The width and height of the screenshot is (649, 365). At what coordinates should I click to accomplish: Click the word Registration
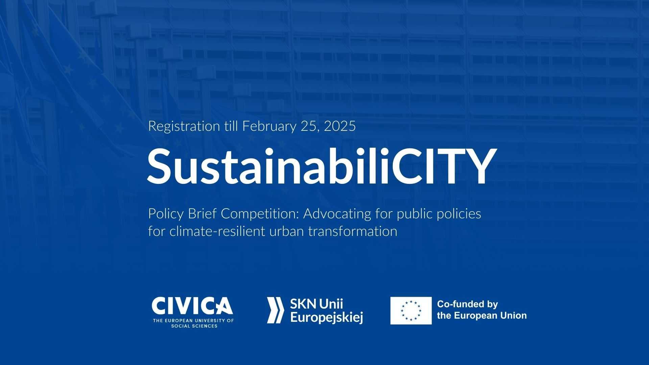[x=184, y=127]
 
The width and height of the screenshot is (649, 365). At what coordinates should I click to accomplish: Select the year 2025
[x=340, y=126]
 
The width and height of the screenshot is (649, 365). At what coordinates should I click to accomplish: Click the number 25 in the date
[x=310, y=127]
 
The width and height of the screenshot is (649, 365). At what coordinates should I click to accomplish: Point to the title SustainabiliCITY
[x=322, y=167]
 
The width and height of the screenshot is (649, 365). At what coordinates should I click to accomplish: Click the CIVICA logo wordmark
[x=192, y=306]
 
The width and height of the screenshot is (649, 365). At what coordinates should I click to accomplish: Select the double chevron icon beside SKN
[x=275, y=310]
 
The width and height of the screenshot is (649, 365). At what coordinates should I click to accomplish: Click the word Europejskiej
[x=327, y=318]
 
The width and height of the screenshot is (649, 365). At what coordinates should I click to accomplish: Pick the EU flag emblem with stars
[x=411, y=311]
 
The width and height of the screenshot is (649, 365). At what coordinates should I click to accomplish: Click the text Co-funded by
[x=467, y=305]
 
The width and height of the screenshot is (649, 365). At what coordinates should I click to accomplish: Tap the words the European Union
[x=482, y=316]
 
